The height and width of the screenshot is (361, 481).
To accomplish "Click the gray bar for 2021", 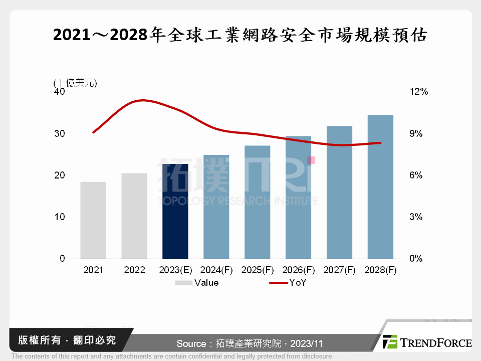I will (x=93, y=220).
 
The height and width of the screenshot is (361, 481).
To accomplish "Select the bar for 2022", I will (x=134, y=216).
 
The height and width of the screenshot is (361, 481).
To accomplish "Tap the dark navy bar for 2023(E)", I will (x=175, y=211).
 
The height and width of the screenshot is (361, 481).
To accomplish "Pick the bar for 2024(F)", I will (x=216, y=207).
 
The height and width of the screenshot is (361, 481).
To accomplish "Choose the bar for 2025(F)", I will (x=258, y=202).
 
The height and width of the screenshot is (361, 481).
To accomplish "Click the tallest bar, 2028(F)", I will (x=380, y=187).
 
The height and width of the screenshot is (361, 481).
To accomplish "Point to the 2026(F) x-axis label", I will (x=299, y=270).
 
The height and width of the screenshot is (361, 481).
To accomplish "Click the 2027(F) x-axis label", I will (x=340, y=270).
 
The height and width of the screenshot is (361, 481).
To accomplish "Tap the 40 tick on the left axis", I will (x=60, y=92).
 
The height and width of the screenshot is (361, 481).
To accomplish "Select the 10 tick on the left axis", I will (x=60, y=217).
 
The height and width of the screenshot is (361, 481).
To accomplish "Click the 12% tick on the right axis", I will (x=418, y=92).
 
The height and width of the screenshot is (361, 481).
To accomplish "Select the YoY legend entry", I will (x=288, y=283).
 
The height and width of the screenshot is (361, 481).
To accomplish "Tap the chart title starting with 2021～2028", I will (x=240, y=35).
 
